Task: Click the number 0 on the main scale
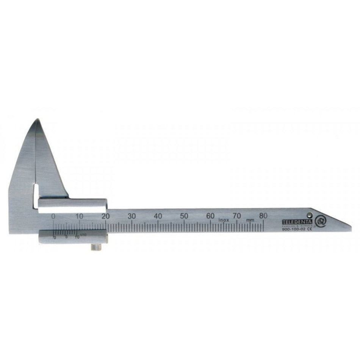[53, 216]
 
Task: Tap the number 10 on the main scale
[79, 216]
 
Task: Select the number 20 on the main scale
[106, 216]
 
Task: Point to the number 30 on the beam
[132, 216]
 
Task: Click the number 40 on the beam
[158, 216]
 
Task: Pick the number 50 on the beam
[185, 216]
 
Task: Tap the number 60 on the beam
[211, 216]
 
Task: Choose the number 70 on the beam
[237, 216]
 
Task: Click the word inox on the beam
[223, 220]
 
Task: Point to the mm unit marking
[250, 220]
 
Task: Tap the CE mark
[309, 229]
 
